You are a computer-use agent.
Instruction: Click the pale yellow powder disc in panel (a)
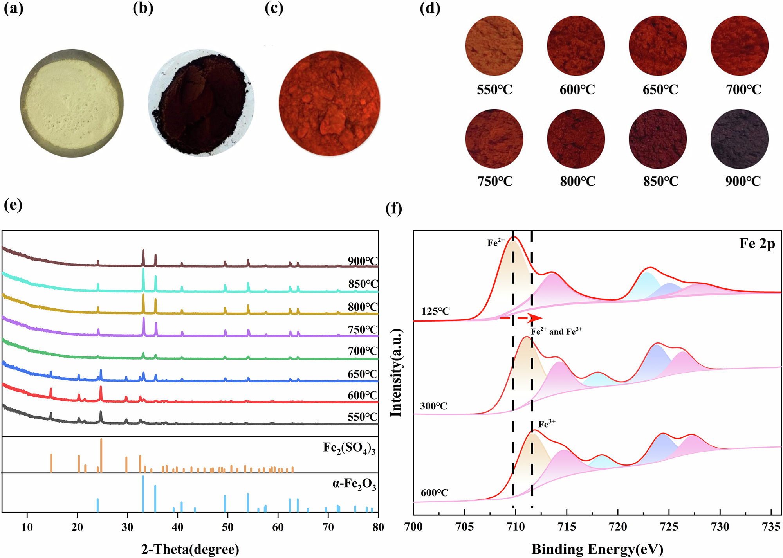pyautogui.click(x=72, y=103)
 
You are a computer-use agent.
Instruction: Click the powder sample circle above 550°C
pyautogui.click(x=494, y=46)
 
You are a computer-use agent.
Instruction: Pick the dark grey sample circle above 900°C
pyautogui.click(x=739, y=139)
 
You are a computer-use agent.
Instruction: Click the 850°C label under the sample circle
pyautogui.click(x=660, y=181)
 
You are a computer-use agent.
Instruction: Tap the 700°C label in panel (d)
pyautogui.click(x=743, y=90)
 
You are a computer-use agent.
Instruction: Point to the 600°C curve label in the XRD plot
pyautogui.click(x=363, y=395)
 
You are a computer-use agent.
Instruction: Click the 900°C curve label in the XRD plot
pyautogui.click(x=363, y=261)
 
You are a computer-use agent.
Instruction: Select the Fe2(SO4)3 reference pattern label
pyautogui.click(x=349, y=448)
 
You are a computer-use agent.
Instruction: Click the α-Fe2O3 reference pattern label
pyautogui.click(x=354, y=485)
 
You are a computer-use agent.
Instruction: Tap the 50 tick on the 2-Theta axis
pyautogui.click(x=228, y=527)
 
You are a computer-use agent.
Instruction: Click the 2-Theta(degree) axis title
pyautogui.click(x=190, y=549)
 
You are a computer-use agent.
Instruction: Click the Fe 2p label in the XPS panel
pyautogui.click(x=757, y=244)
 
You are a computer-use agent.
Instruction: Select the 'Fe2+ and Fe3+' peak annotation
pyautogui.click(x=556, y=331)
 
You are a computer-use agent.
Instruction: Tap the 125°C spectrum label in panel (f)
pyautogui.click(x=435, y=311)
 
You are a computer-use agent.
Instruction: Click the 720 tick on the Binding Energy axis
pyautogui.click(x=618, y=527)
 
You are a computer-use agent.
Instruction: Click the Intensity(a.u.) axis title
pyautogui.click(x=396, y=373)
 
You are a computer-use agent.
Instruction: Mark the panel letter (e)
pyautogui.click(x=13, y=205)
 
